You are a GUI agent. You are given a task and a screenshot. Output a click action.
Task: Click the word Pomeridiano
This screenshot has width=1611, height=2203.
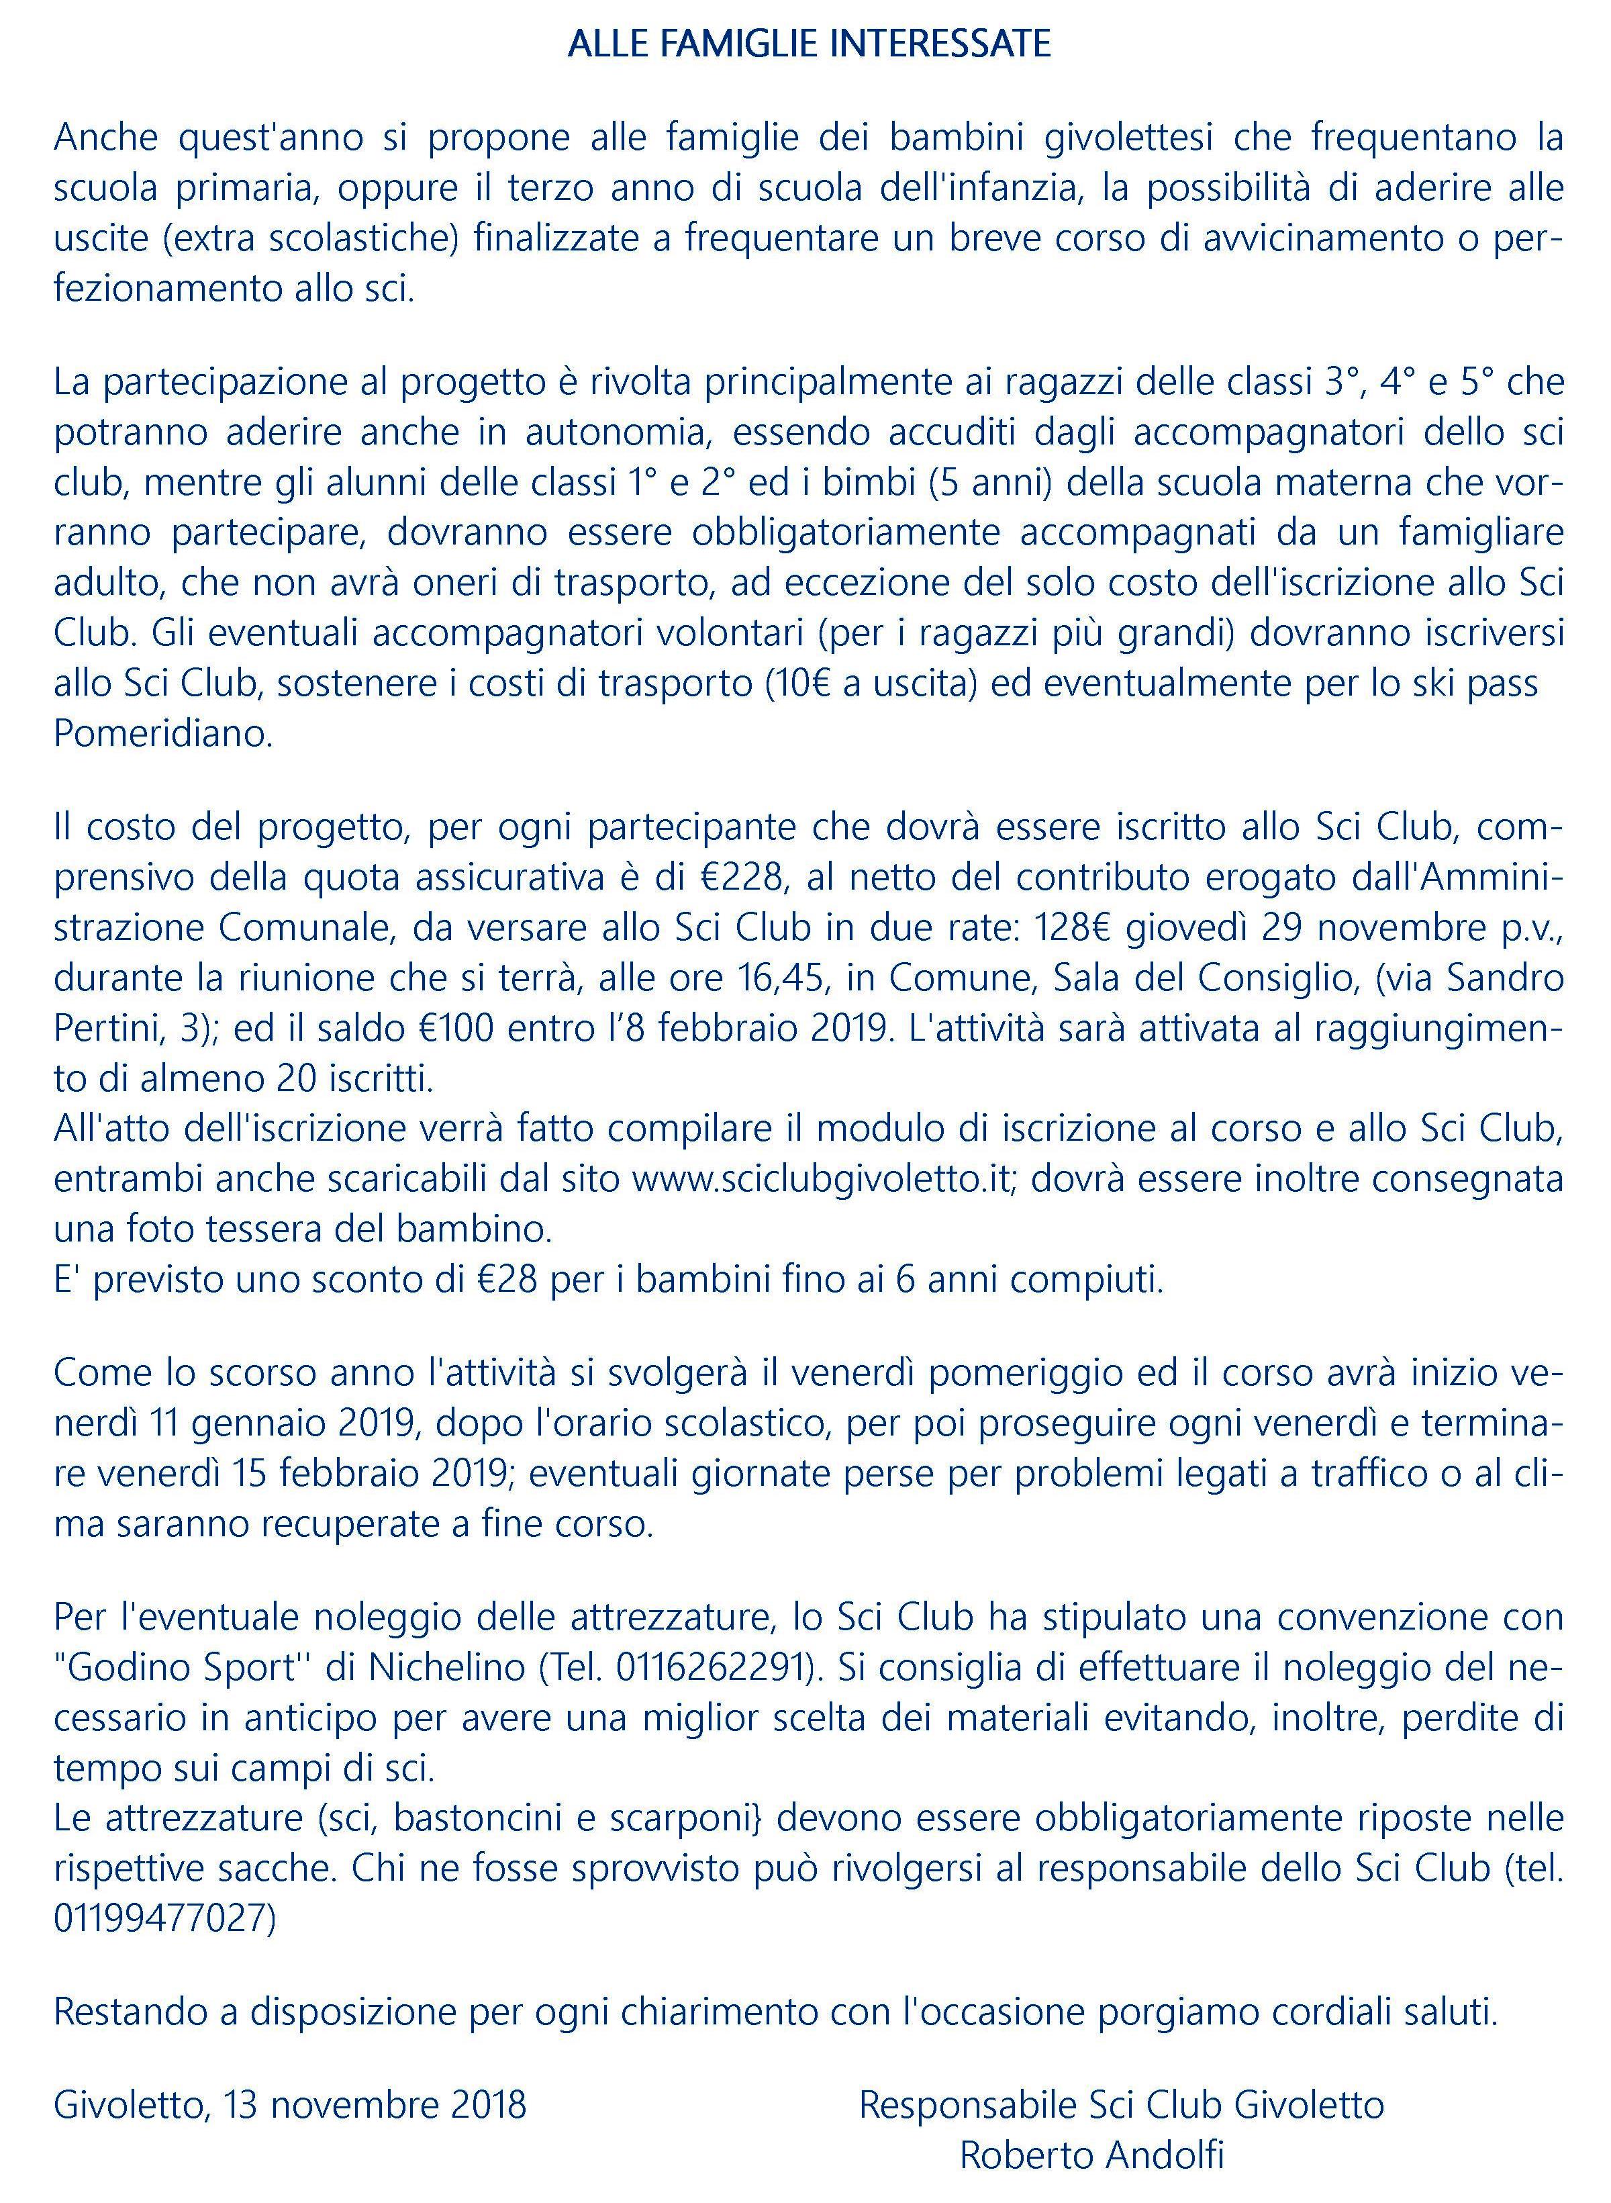[x=163, y=733]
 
